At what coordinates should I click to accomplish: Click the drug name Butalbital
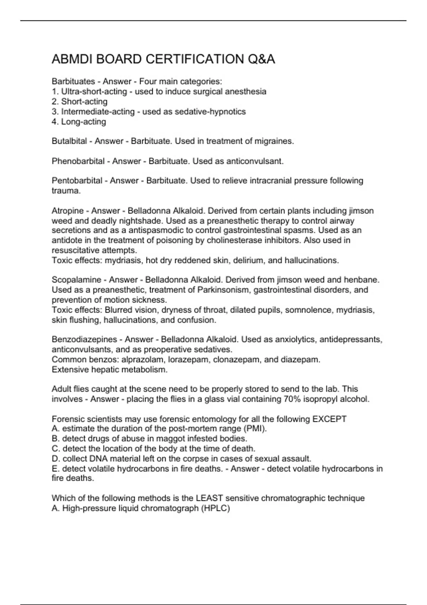coord(69,141)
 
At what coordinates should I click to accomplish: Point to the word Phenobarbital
coord(78,161)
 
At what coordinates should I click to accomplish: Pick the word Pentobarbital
coord(77,181)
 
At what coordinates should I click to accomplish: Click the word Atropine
coord(68,211)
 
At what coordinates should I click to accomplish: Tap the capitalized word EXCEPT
coord(329,419)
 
